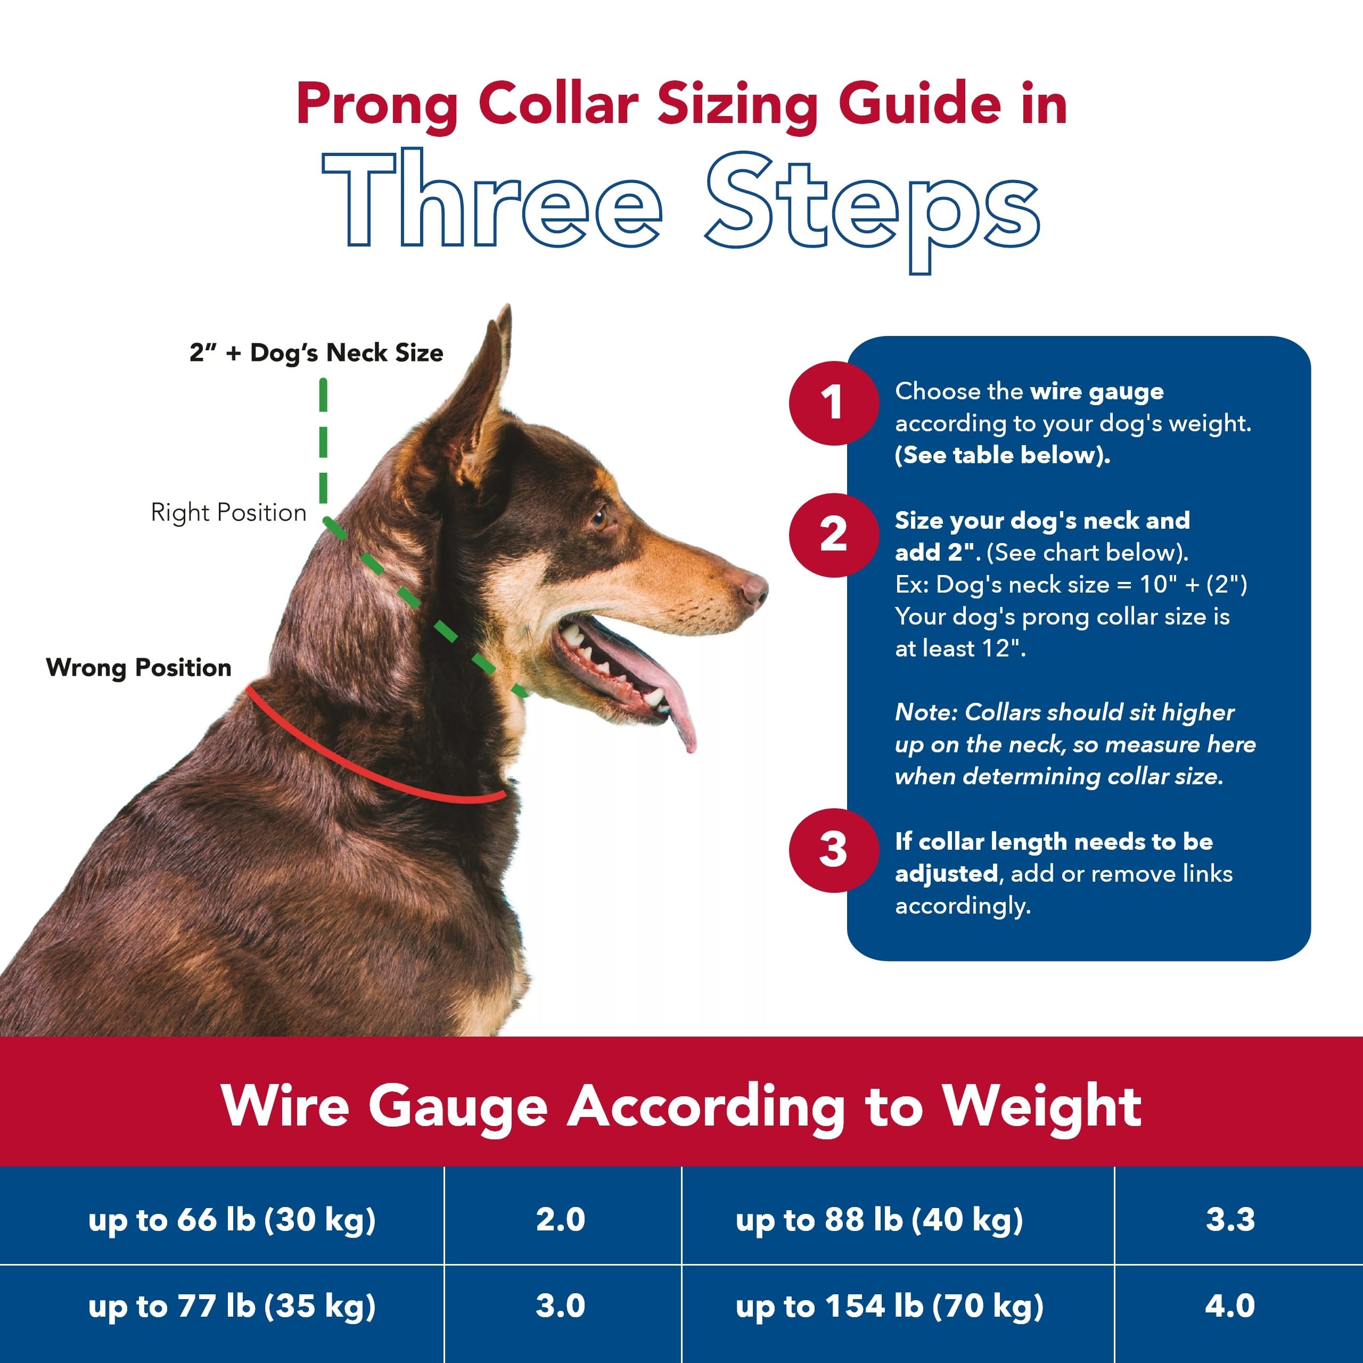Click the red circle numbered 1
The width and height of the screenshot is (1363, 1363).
point(833,403)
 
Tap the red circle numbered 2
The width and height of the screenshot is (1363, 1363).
point(833,535)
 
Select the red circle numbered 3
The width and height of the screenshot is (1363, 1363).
point(833,850)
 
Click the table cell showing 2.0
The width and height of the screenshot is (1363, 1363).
point(561,1220)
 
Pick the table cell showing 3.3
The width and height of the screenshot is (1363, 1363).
point(1230,1220)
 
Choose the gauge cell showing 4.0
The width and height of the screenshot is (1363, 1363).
point(1230,1306)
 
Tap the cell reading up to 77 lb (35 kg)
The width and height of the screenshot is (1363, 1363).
point(232,1307)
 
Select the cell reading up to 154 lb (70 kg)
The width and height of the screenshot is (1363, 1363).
point(889,1307)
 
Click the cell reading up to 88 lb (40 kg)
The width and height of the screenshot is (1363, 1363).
point(879,1220)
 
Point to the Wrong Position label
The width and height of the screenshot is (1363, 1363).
point(139,667)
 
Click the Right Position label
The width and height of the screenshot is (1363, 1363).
point(228,512)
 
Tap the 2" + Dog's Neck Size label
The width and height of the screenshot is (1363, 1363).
point(316,353)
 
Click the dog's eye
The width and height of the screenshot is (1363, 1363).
point(598,519)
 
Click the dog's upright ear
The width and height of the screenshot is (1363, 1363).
point(480,395)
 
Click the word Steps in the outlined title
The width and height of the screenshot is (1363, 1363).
point(872,204)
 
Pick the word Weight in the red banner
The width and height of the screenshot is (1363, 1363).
point(1042,1106)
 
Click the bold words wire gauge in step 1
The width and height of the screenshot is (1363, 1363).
point(1096,391)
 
